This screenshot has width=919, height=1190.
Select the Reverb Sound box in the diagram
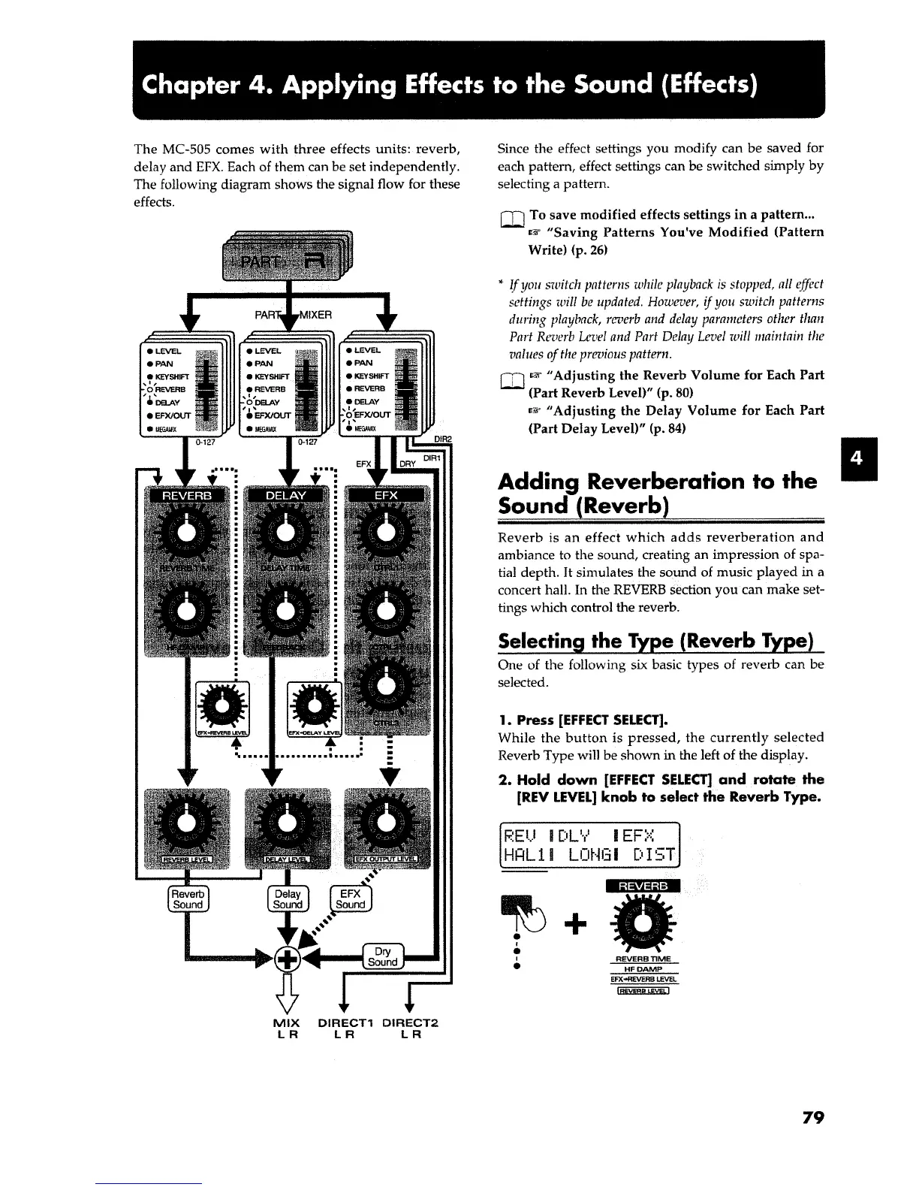188,899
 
